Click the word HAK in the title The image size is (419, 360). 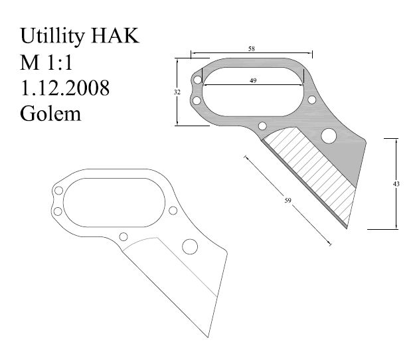(119, 36)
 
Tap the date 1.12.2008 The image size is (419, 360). (65, 88)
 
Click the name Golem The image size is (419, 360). (50, 114)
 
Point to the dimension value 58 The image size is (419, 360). (252, 49)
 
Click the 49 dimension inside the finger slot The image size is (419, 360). (252, 80)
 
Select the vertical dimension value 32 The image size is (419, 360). (177, 92)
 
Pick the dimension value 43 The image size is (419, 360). (396, 184)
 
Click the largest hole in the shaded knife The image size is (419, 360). (328, 136)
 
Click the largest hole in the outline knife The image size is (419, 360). (189, 247)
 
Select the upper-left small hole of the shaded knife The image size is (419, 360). (198, 80)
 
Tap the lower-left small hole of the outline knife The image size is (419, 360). (58, 211)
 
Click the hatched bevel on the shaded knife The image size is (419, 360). (312, 173)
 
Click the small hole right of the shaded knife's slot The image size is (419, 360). (311, 100)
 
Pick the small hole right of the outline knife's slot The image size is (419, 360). (173, 211)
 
